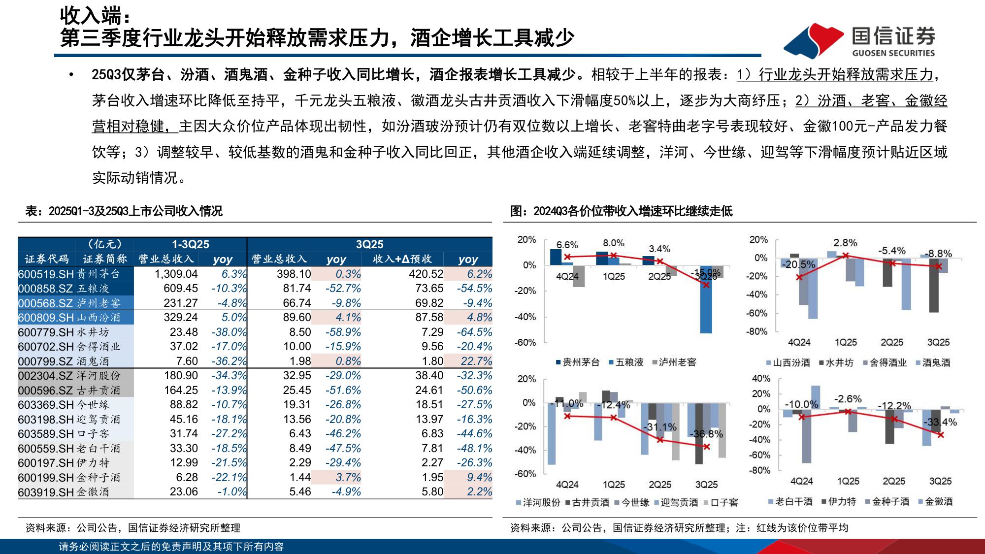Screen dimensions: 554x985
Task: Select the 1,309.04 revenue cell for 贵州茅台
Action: point(176,274)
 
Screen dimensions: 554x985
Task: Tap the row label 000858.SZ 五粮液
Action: point(64,289)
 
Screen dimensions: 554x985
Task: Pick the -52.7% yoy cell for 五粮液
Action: point(343,289)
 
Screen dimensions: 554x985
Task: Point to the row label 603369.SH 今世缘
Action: point(64,405)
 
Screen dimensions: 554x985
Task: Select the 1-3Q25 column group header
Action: point(190,244)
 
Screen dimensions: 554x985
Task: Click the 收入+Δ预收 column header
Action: point(402,259)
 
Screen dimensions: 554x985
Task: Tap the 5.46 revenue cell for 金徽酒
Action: point(300,491)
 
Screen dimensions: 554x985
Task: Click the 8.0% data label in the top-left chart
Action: point(613,243)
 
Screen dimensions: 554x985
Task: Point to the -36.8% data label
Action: point(707,434)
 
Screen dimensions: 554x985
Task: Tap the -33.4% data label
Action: point(940,423)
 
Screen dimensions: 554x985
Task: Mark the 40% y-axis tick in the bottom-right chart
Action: point(761,379)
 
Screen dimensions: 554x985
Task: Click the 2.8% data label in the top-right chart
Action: point(845,243)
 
